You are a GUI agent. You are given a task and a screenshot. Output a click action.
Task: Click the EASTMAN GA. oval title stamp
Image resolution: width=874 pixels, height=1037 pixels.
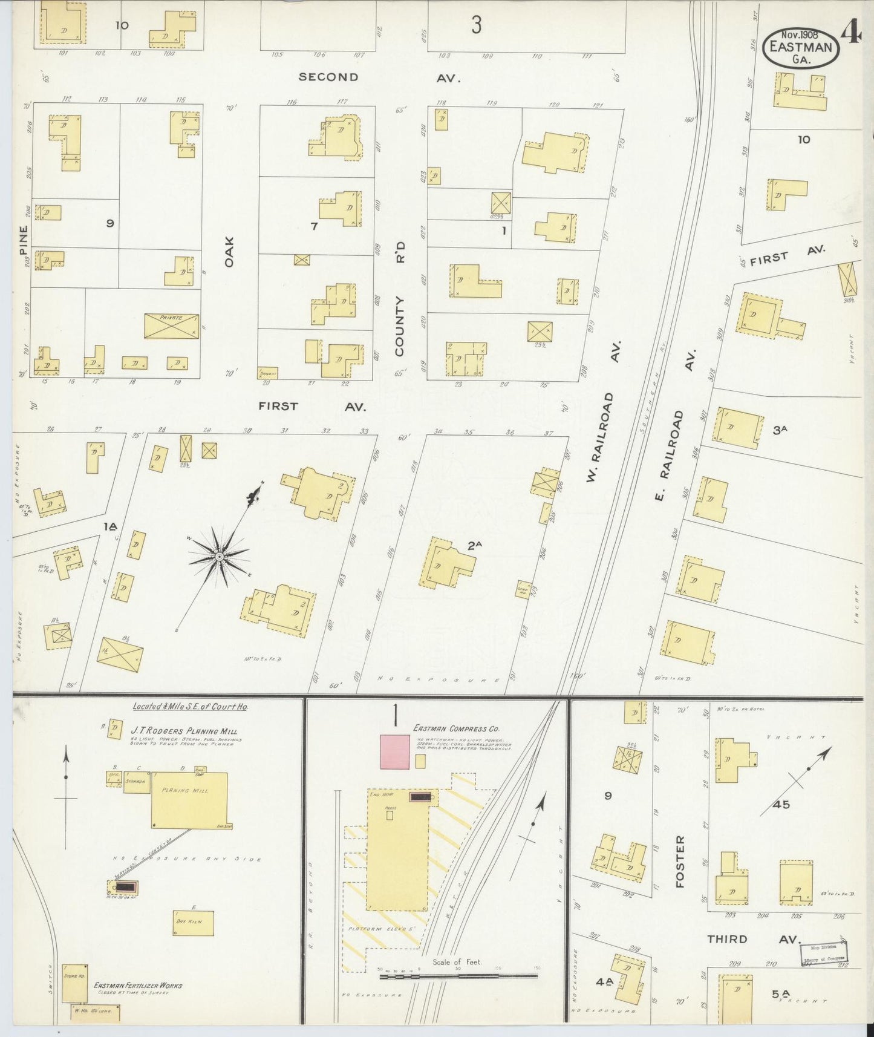tap(800, 47)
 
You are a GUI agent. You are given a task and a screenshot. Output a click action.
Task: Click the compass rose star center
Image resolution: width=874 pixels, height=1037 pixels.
tap(219, 555)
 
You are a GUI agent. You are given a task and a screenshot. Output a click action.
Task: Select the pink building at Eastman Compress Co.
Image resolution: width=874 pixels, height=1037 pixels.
tap(394, 751)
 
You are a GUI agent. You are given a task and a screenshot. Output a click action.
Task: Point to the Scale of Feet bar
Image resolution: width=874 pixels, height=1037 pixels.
tap(458, 976)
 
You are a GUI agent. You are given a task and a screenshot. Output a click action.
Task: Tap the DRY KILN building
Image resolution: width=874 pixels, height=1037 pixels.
tap(193, 923)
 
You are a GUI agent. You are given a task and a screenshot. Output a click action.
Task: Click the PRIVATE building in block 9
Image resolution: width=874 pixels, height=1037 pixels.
tap(172, 326)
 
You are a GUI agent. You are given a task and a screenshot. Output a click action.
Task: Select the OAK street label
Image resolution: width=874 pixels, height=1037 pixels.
tap(229, 251)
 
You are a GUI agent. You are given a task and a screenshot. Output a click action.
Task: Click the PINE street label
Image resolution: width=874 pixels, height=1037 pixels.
tap(23, 240)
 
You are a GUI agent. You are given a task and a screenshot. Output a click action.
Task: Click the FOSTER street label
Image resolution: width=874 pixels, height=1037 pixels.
tap(680, 862)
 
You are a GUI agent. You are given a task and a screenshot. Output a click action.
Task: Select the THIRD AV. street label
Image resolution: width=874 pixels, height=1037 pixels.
tap(753, 939)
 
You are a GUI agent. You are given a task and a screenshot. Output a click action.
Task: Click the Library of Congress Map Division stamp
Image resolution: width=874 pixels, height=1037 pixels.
tap(824, 954)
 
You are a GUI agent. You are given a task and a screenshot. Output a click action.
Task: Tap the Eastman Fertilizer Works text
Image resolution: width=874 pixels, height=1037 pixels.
tap(138, 986)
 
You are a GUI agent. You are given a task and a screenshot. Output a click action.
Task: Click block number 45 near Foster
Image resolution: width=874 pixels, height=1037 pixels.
tap(781, 805)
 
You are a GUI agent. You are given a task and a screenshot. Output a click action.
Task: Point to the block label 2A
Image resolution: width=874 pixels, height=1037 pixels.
tap(474, 545)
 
